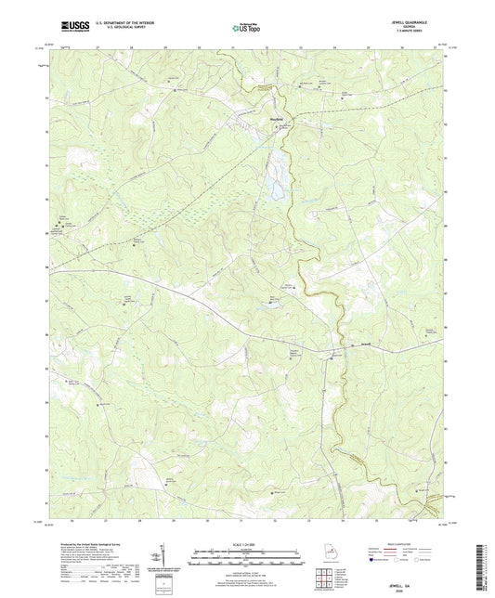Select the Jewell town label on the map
[366, 346]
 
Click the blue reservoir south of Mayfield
[276, 188]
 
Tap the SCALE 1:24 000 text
[246, 545]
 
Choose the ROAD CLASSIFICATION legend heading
[403, 545]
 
